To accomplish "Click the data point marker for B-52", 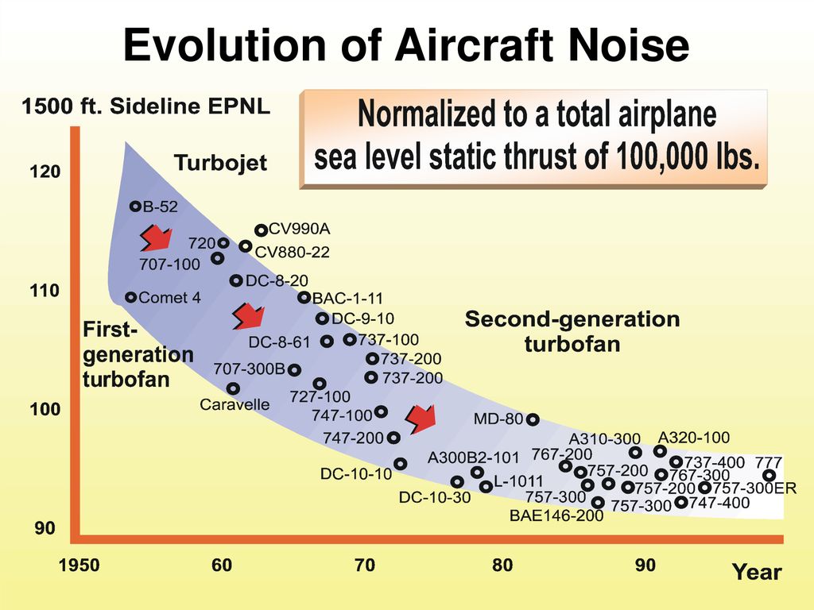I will (x=135, y=207).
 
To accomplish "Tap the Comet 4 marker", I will (x=131, y=298).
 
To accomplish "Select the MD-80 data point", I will (x=533, y=419).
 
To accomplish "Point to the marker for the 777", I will (x=769, y=475).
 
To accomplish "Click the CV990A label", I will (x=299, y=230).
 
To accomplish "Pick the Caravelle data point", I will (x=233, y=388).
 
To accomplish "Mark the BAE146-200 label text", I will (x=556, y=515).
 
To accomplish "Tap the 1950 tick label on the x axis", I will (x=79, y=566).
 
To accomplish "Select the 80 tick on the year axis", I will (x=502, y=566).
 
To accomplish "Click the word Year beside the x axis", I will (x=757, y=572).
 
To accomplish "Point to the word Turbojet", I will (x=220, y=164).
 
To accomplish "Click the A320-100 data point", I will (x=660, y=451).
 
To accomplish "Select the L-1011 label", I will (x=517, y=481).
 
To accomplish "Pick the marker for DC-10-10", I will (x=400, y=464).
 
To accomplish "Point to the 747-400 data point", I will (x=680, y=502).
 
